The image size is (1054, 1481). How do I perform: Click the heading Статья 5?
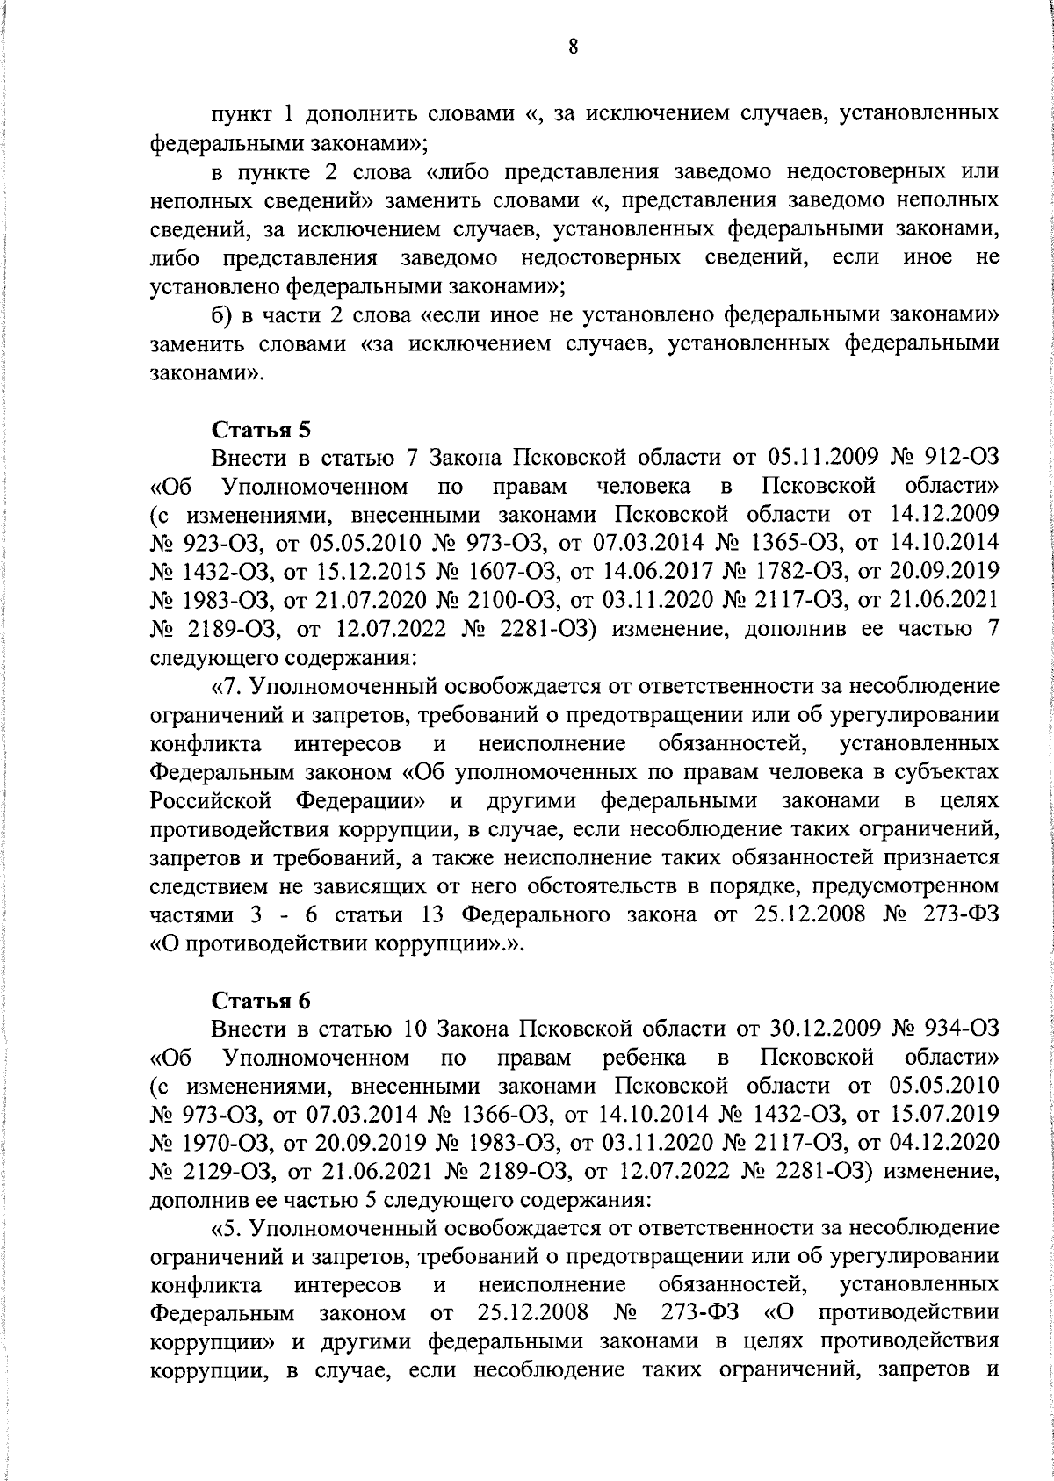pos(261,430)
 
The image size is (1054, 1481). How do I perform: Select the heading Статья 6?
pos(261,1001)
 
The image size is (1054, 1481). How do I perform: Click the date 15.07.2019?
pos(943,1114)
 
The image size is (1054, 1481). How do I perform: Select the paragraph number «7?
pos(227,686)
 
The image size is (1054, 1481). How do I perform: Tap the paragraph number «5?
pos(227,1227)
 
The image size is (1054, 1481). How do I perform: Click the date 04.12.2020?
pos(943,1142)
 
